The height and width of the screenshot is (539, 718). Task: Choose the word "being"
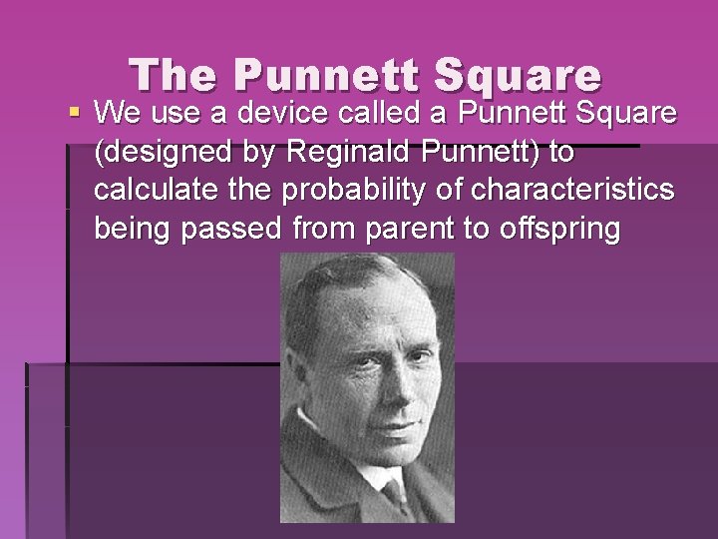(x=133, y=230)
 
